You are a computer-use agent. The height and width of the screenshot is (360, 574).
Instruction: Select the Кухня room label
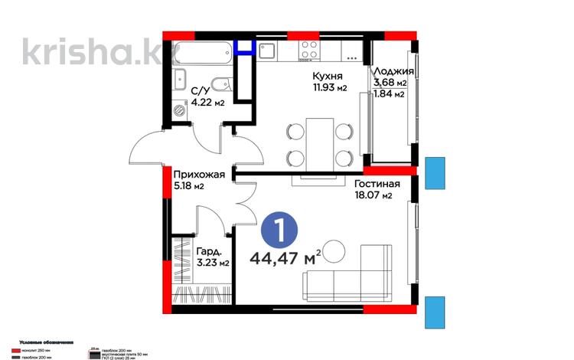coord(328,76)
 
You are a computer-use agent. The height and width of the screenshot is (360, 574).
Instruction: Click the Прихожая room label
coord(198,174)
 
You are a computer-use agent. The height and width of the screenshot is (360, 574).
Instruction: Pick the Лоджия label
coord(390,70)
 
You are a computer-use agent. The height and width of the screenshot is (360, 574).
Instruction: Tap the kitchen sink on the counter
coord(269,50)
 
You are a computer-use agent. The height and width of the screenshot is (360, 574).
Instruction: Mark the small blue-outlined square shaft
coord(245,47)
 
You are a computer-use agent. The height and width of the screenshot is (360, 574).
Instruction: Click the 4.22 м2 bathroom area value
coord(207,103)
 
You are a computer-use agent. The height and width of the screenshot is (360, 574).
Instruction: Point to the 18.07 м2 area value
coord(373,196)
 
